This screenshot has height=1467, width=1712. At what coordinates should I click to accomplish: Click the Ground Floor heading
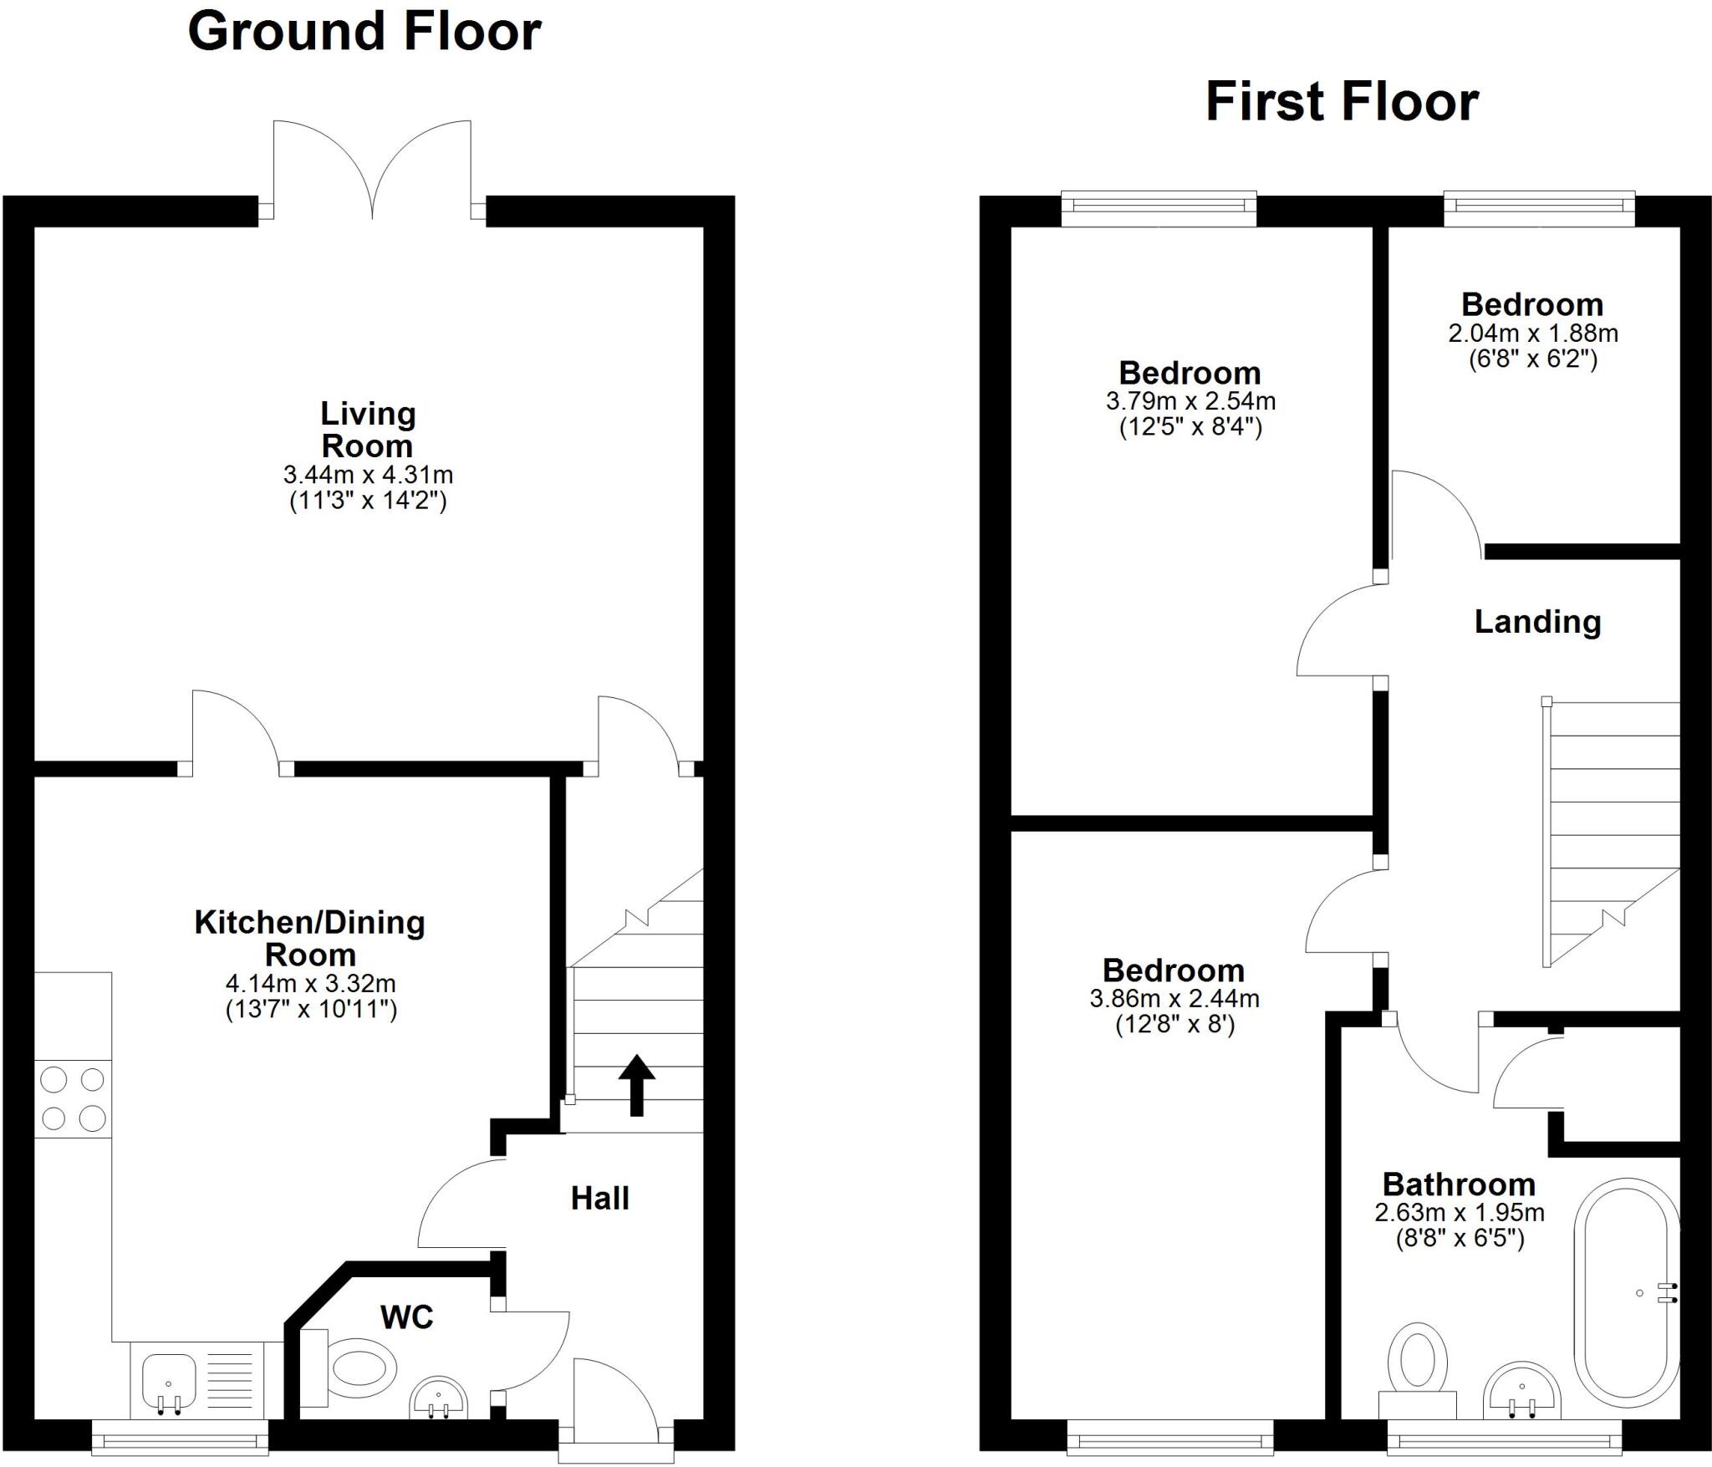(x=364, y=32)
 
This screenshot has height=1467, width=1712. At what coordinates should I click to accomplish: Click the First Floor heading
(x=1342, y=102)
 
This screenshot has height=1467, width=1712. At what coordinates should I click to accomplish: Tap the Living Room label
(x=368, y=429)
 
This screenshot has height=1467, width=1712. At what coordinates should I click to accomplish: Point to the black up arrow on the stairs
(x=637, y=1085)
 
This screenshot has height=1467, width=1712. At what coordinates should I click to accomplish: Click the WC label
(x=407, y=1317)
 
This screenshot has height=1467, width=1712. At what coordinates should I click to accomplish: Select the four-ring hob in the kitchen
(x=73, y=1098)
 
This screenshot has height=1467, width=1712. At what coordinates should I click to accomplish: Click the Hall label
(x=599, y=1199)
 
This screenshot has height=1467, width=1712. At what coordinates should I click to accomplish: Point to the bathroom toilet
(x=1418, y=1363)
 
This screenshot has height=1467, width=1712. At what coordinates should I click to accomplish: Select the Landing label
(x=1536, y=622)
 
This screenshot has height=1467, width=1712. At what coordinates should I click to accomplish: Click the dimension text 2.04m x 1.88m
(x=1532, y=334)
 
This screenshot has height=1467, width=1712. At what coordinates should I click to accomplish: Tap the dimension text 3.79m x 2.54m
(x=1190, y=401)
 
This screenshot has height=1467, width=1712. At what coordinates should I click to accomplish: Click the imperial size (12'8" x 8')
(x=1174, y=1025)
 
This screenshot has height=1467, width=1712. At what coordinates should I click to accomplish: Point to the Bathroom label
(x=1458, y=1184)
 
